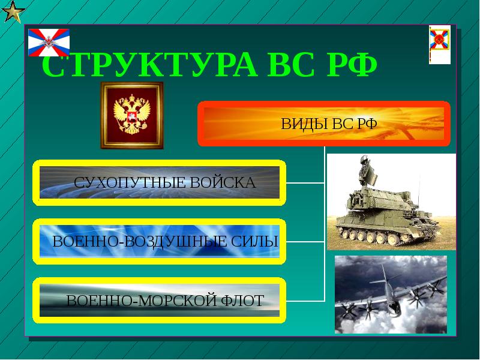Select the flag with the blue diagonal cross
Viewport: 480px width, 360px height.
49,42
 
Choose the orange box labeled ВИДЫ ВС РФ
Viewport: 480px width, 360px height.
324,124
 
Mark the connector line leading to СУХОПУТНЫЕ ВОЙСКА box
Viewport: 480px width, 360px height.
305,182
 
